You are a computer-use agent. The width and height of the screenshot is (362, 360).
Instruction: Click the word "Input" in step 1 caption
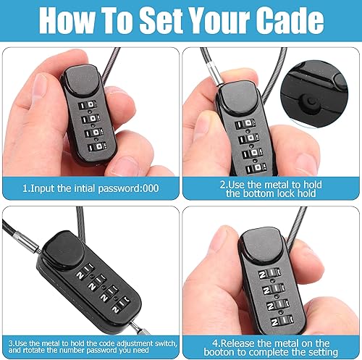point(49,188)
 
